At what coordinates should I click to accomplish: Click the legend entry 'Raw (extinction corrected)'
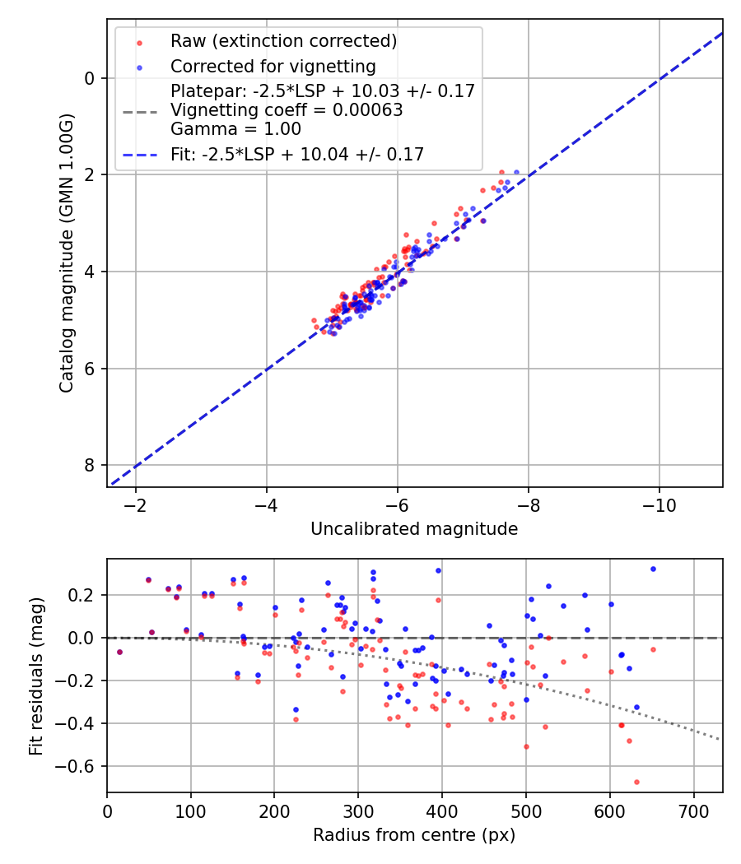(283, 41)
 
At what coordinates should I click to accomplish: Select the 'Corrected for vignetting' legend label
(273, 67)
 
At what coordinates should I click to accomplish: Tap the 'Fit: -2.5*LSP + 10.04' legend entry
(297, 154)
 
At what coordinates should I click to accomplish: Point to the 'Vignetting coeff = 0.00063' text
(287, 110)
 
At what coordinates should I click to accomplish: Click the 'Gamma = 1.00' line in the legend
(235, 129)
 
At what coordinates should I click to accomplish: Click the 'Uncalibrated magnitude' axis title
(414, 529)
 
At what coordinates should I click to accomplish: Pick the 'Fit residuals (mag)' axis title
(35, 675)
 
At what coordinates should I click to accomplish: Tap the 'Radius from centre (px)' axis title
(414, 835)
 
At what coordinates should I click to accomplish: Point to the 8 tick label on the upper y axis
(90, 465)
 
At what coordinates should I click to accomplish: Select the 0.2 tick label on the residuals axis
(85, 595)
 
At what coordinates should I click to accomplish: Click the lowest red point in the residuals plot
(636, 782)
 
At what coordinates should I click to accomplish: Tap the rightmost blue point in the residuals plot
(653, 569)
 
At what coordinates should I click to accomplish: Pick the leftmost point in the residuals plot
(119, 652)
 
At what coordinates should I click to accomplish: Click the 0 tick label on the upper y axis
(90, 78)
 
